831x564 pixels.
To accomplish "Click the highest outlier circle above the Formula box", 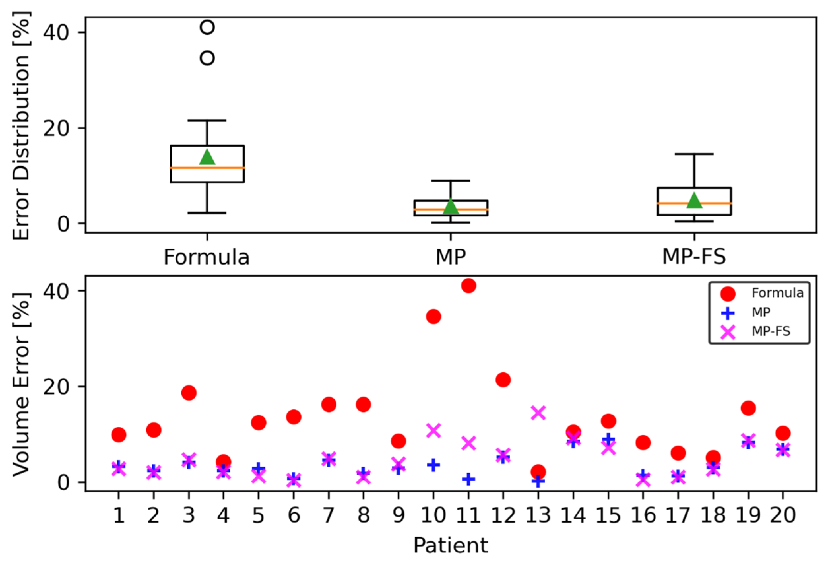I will pyautogui.click(x=208, y=27).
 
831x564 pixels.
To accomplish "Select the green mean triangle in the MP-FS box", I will pyautogui.click(x=694, y=200).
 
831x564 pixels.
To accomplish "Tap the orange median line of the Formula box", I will pyautogui.click(x=208, y=167).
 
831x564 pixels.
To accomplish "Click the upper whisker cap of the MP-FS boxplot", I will pyautogui.click(x=694, y=154).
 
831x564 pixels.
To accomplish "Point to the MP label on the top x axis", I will pyautogui.click(x=451, y=257).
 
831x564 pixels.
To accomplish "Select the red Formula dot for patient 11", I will pyautogui.click(x=468, y=285).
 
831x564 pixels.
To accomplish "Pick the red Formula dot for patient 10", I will pyautogui.click(x=433, y=316).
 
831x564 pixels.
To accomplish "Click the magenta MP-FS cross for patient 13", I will pyautogui.click(x=538, y=413).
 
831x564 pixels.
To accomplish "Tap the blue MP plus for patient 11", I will pyautogui.click(x=468, y=479).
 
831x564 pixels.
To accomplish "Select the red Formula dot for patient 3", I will pyautogui.click(x=189, y=393).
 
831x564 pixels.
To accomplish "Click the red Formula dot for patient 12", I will pyautogui.click(x=503, y=380).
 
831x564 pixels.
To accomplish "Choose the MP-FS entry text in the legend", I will pyautogui.click(x=771, y=331).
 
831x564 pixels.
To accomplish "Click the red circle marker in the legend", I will pyautogui.click(x=728, y=294).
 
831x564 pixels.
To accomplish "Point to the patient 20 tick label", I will pyautogui.click(x=783, y=516).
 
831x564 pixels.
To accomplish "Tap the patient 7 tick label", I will pyautogui.click(x=329, y=516).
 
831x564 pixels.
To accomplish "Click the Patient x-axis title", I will pyautogui.click(x=451, y=546).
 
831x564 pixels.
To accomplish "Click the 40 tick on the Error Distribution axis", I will pyautogui.click(x=55, y=33).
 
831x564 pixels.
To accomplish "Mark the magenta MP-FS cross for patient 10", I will pyautogui.click(x=433, y=431).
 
